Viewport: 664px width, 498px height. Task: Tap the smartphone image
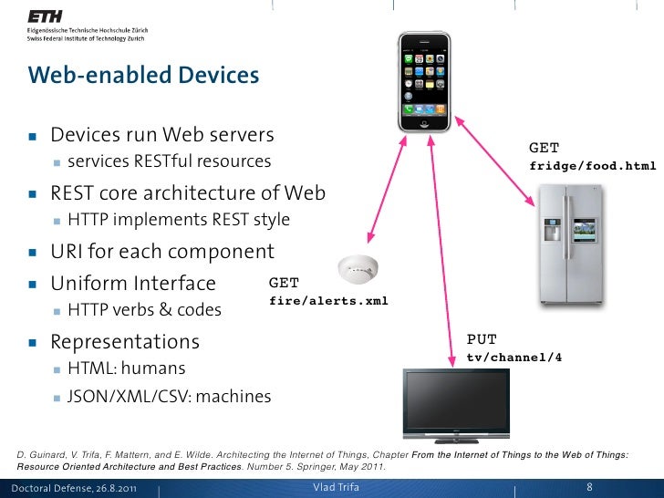[424, 81]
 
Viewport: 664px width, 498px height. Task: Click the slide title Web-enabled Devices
[143, 75]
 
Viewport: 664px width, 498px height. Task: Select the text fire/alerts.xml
[329, 301]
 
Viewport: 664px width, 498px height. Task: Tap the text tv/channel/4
[514, 358]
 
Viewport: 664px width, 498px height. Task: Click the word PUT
[482, 340]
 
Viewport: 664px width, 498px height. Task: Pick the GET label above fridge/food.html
[545, 148]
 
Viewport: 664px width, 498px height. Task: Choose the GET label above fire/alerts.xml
[284, 284]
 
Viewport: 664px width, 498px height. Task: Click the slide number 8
[590, 487]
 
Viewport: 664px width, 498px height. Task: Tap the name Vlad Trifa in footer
[337, 487]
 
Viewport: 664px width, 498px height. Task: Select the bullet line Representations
[124, 342]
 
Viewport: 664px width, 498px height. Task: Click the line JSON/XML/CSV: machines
[169, 397]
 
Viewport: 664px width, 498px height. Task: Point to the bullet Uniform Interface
[133, 283]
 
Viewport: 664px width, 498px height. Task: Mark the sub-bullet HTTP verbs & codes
[144, 310]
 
